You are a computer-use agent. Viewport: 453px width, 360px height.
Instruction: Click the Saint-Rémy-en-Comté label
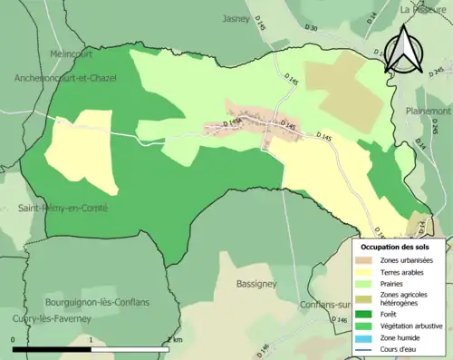tap(63, 209)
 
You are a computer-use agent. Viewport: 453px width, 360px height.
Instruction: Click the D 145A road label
tap(229, 123)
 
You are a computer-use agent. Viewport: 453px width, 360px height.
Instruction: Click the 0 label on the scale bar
tap(13, 339)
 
